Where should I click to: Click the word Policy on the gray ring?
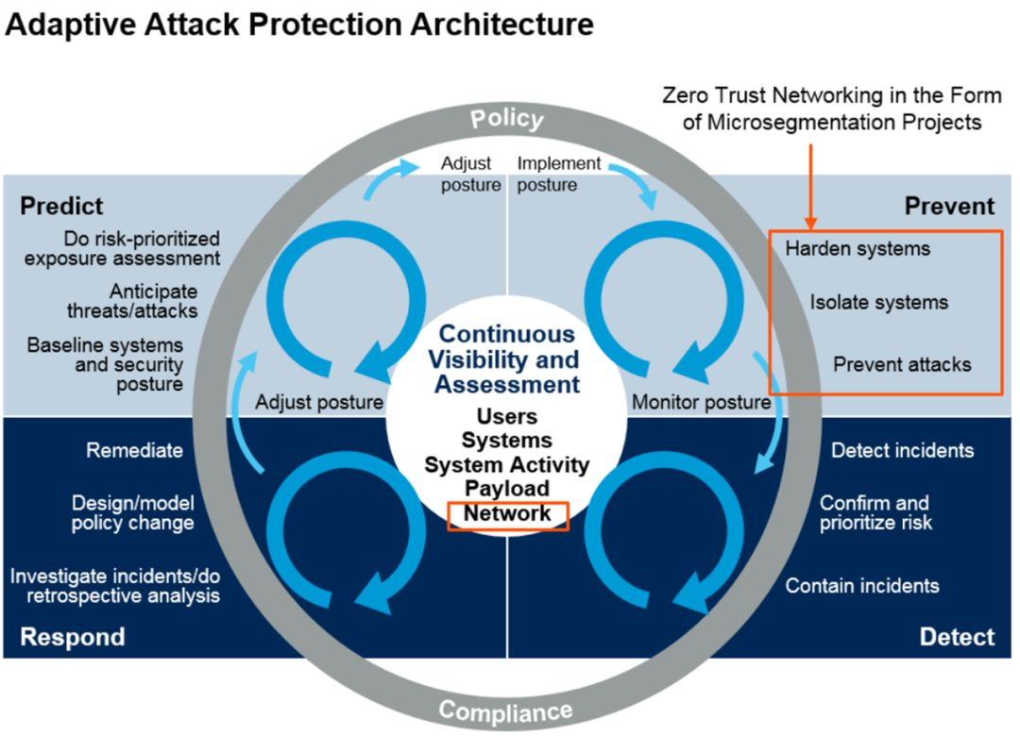507,120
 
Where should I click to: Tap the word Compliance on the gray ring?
506,711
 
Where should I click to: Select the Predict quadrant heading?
61,206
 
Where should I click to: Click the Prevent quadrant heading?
949,206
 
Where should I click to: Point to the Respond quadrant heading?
73,637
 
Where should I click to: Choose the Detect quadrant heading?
957,637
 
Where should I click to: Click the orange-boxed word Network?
507,514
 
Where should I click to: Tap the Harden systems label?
858,249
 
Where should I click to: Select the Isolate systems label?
878,303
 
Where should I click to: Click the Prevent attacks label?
902,364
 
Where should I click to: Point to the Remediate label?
134,450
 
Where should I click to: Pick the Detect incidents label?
902,450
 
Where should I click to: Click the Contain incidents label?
862,586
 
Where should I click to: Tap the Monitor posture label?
701,403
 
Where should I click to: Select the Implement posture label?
559,174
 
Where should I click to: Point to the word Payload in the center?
507,489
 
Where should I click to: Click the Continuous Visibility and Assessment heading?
507,359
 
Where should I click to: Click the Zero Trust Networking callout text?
819,109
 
